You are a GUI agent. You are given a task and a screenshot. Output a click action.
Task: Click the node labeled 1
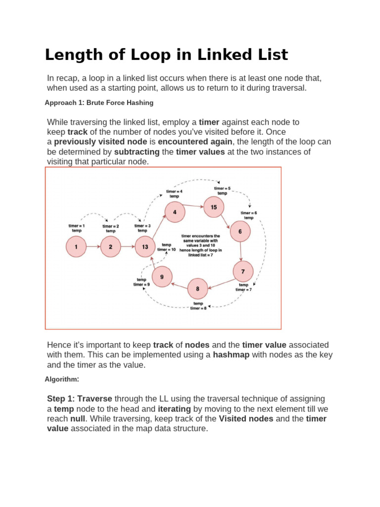76,247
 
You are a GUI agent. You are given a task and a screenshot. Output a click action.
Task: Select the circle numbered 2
110,247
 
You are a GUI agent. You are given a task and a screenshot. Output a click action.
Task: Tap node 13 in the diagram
145,247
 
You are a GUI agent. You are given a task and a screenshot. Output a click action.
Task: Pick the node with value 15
214,207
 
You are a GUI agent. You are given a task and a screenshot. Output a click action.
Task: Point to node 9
162,277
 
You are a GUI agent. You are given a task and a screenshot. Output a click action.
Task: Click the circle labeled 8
198,289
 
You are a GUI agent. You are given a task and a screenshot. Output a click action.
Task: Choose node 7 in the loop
243,271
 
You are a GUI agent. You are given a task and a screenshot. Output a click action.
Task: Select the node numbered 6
240,231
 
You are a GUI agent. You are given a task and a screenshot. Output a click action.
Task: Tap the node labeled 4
175,212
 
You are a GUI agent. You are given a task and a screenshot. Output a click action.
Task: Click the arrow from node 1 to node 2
93,247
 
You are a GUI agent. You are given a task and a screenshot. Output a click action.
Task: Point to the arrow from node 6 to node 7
241,251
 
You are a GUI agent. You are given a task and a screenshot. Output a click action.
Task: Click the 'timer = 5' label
222,189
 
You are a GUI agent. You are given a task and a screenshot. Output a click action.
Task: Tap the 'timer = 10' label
167,250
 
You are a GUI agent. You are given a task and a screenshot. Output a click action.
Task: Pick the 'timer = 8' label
198,308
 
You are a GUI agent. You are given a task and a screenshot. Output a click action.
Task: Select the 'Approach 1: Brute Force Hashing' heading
99,102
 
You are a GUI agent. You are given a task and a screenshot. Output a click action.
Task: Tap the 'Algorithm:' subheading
62,379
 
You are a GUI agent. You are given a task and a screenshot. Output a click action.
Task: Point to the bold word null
66,419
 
